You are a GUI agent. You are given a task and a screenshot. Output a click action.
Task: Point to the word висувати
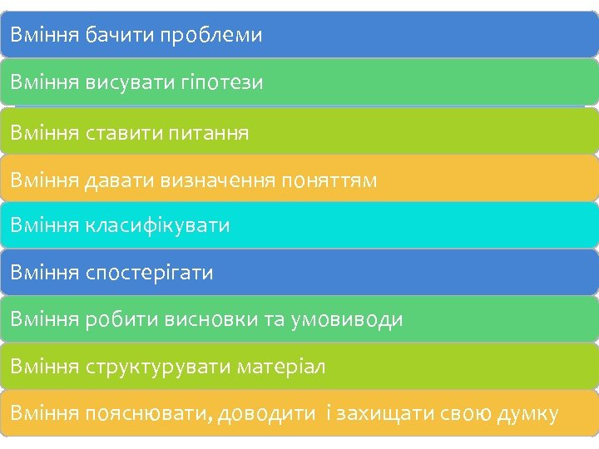[x=129, y=82]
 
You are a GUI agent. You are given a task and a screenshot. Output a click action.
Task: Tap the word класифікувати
[x=157, y=225]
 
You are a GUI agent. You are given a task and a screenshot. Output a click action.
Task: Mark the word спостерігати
[x=149, y=273]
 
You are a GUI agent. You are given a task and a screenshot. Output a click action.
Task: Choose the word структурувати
[x=158, y=367]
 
